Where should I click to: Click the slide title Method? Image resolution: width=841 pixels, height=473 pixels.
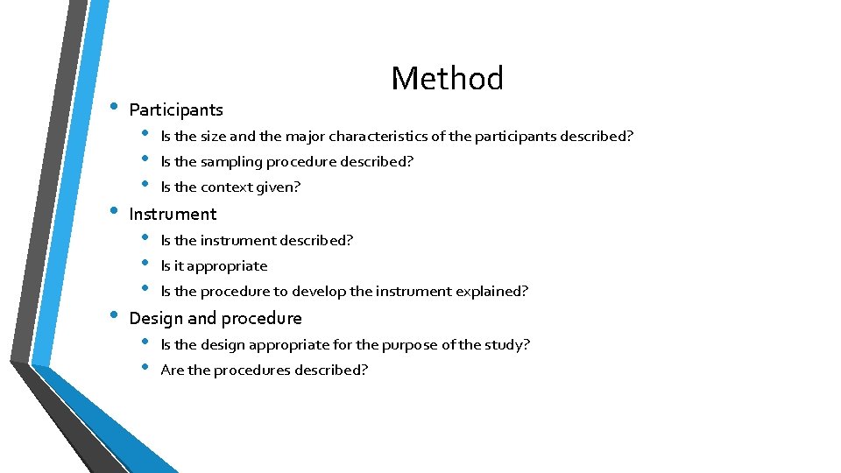pos(447,79)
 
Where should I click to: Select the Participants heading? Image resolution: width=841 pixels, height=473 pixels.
pos(175,110)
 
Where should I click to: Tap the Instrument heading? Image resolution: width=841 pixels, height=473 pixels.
pos(173,215)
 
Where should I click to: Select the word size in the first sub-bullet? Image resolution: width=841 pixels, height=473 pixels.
pos(213,137)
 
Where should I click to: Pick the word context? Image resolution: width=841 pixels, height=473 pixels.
pos(226,187)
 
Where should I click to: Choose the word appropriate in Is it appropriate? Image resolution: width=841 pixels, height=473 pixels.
pos(227,266)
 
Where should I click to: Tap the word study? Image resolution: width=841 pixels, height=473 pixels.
pos(507,345)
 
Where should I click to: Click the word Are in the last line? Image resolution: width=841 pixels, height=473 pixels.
pos(173,371)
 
